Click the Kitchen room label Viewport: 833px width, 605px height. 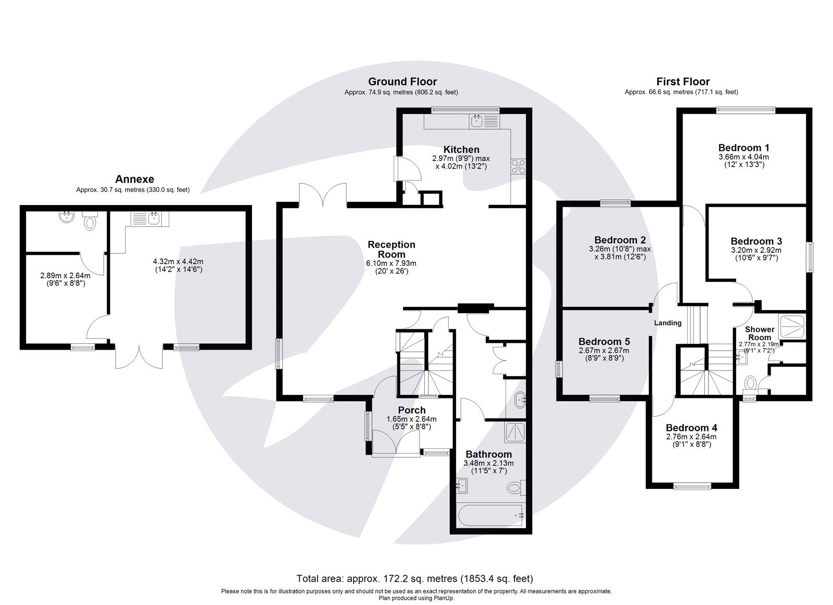461,149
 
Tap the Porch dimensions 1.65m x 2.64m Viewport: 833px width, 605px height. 411,419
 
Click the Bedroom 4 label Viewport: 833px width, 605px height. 691,428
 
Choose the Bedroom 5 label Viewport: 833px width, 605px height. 604,342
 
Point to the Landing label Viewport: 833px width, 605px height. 667,323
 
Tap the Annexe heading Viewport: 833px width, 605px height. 134,179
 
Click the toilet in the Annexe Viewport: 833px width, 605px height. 90,222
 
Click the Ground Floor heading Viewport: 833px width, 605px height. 402,82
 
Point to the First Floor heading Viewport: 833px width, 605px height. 683,82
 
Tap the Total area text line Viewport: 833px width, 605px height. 414,578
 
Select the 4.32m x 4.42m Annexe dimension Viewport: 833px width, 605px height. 178,262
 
